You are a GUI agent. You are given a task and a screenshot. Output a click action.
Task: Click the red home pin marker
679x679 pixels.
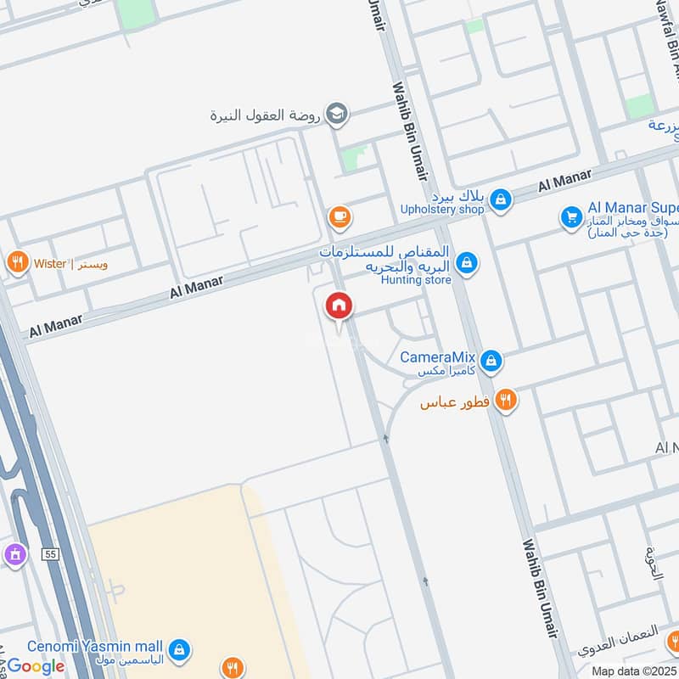339,306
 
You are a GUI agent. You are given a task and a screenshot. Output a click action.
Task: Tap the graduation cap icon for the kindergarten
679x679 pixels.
337,115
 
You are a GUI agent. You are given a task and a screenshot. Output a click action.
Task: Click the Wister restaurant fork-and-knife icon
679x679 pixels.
16,263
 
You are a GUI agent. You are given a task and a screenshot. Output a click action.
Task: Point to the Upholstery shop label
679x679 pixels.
442,209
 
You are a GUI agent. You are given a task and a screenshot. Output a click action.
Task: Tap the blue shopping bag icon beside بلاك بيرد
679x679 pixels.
502,199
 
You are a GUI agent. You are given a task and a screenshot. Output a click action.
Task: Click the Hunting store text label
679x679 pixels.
416,279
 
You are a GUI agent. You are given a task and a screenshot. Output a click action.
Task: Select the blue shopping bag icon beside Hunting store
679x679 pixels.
465,264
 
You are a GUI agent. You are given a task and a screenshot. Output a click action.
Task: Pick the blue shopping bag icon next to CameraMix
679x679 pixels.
491,362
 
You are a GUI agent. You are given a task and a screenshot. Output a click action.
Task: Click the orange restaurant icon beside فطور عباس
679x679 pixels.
506,399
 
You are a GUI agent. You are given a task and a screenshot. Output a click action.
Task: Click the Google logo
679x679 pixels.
36,665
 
